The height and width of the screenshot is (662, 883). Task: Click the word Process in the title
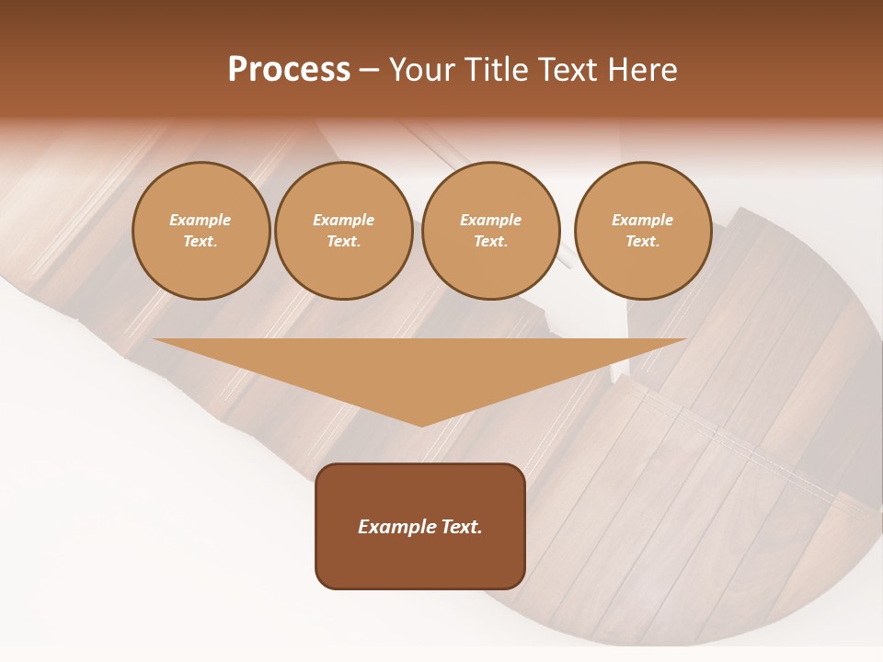click(289, 70)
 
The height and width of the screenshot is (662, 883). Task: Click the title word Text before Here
click(568, 70)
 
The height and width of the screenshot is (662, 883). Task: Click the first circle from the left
click(201, 231)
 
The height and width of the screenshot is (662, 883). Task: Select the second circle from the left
click(343, 231)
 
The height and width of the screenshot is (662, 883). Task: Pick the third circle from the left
click(490, 231)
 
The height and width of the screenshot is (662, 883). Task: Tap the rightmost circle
click(642, 231)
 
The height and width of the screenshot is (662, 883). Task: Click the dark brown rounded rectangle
click(420, 526)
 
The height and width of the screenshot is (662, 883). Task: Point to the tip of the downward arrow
click(422, 425)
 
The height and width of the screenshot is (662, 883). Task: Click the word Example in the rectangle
click(397, 527)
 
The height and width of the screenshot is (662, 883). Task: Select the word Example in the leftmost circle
click(201, 221)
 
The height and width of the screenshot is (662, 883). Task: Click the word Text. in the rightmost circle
click(642, 242)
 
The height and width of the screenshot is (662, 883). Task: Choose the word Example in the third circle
click(490, 221)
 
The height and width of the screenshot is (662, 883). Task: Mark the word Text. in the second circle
click(343, 242)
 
